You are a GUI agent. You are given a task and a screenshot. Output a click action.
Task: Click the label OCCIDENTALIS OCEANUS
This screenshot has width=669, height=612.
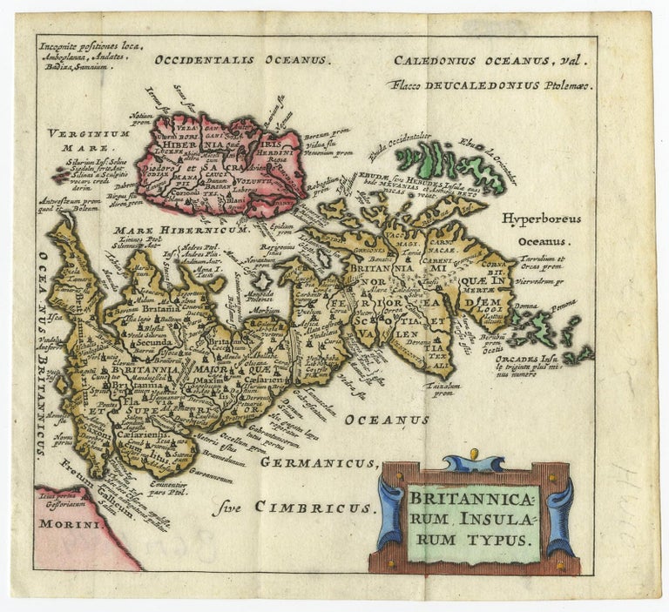point(240,60)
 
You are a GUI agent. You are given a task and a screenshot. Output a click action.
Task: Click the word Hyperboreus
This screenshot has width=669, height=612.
point(540,219)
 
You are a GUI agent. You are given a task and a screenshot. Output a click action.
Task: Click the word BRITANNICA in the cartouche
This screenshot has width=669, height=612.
point(475,500)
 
